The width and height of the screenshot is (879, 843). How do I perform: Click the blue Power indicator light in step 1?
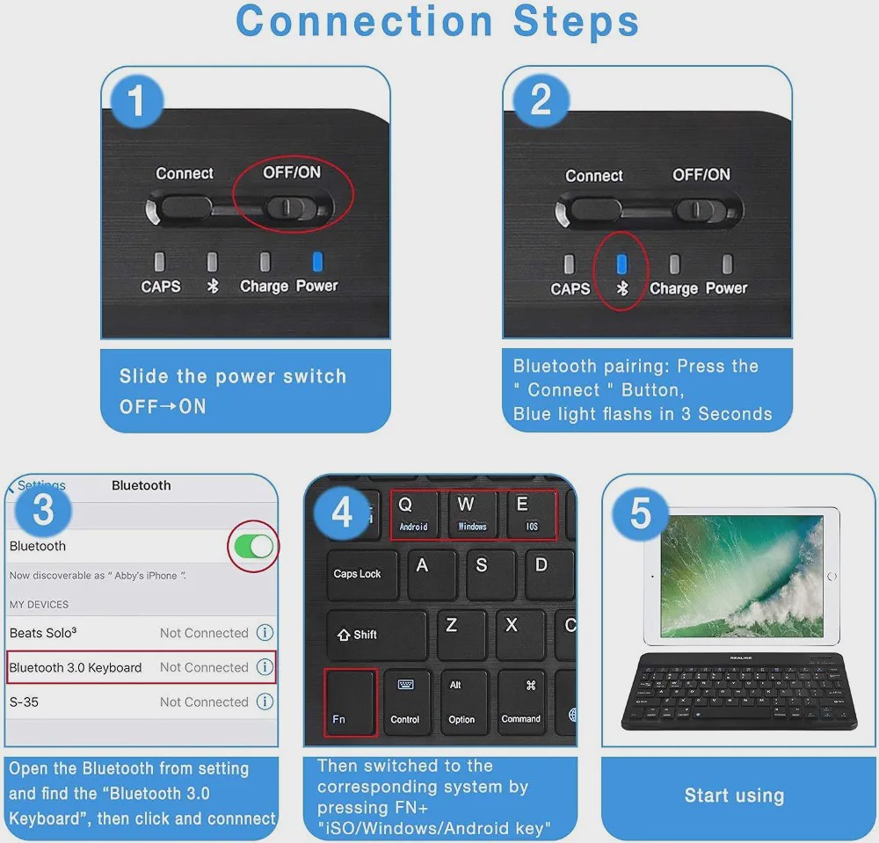tap(317, 261)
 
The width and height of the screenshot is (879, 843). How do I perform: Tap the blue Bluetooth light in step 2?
tap(621, 264)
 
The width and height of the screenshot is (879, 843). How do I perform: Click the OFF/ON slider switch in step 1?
tap(286, 207)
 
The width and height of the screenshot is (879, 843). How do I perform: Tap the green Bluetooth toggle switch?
tap(254, 547)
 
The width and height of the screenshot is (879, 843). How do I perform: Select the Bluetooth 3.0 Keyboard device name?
tap(76, 667)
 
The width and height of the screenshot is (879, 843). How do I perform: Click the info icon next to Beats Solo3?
tap(265, 633)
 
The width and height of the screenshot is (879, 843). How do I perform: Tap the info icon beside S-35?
tap(265, 701)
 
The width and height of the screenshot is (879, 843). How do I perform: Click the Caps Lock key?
tap(362, 575)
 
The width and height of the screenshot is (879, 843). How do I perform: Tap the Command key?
tap(520, 702)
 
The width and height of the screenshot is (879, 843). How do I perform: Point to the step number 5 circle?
tap(641, 513)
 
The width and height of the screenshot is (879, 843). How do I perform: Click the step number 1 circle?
tap(137, 101)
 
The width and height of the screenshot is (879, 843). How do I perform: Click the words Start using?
tap(734, 796)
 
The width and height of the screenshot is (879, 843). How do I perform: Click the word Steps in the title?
tap(577, 21)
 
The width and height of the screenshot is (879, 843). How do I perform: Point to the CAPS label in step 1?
tap(161, 287)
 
